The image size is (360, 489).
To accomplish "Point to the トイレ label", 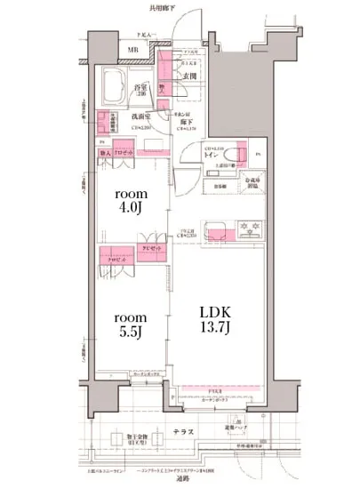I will click(212, 155).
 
